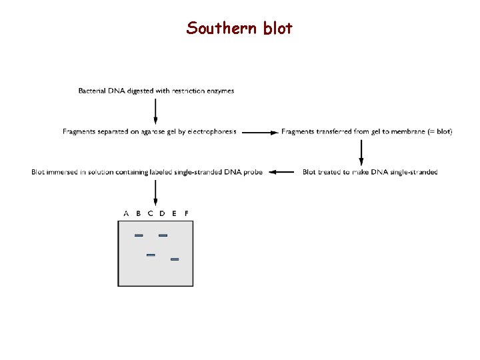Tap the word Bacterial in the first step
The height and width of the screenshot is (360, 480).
pos(95,91)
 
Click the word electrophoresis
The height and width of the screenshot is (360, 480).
pos(211,132)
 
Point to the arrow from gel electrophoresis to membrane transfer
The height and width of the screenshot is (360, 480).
pos(259,132)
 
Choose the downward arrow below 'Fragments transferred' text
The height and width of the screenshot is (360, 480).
pos(361,153)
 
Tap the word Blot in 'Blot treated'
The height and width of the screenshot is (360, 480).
pos(309,172)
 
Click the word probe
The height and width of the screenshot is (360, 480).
pos(253,172)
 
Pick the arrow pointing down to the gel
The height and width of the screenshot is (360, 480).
pos(155,193)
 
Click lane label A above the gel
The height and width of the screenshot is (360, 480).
pos(126,213)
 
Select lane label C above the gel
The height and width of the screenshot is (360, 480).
pos(150,213)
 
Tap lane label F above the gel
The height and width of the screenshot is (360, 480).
pos(186,213)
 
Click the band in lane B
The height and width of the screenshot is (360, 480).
pos(139,235)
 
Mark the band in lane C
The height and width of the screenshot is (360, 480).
pos(151,255)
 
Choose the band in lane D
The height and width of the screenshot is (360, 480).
pos(163,235)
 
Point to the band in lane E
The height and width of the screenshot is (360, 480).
pos(175,259)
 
